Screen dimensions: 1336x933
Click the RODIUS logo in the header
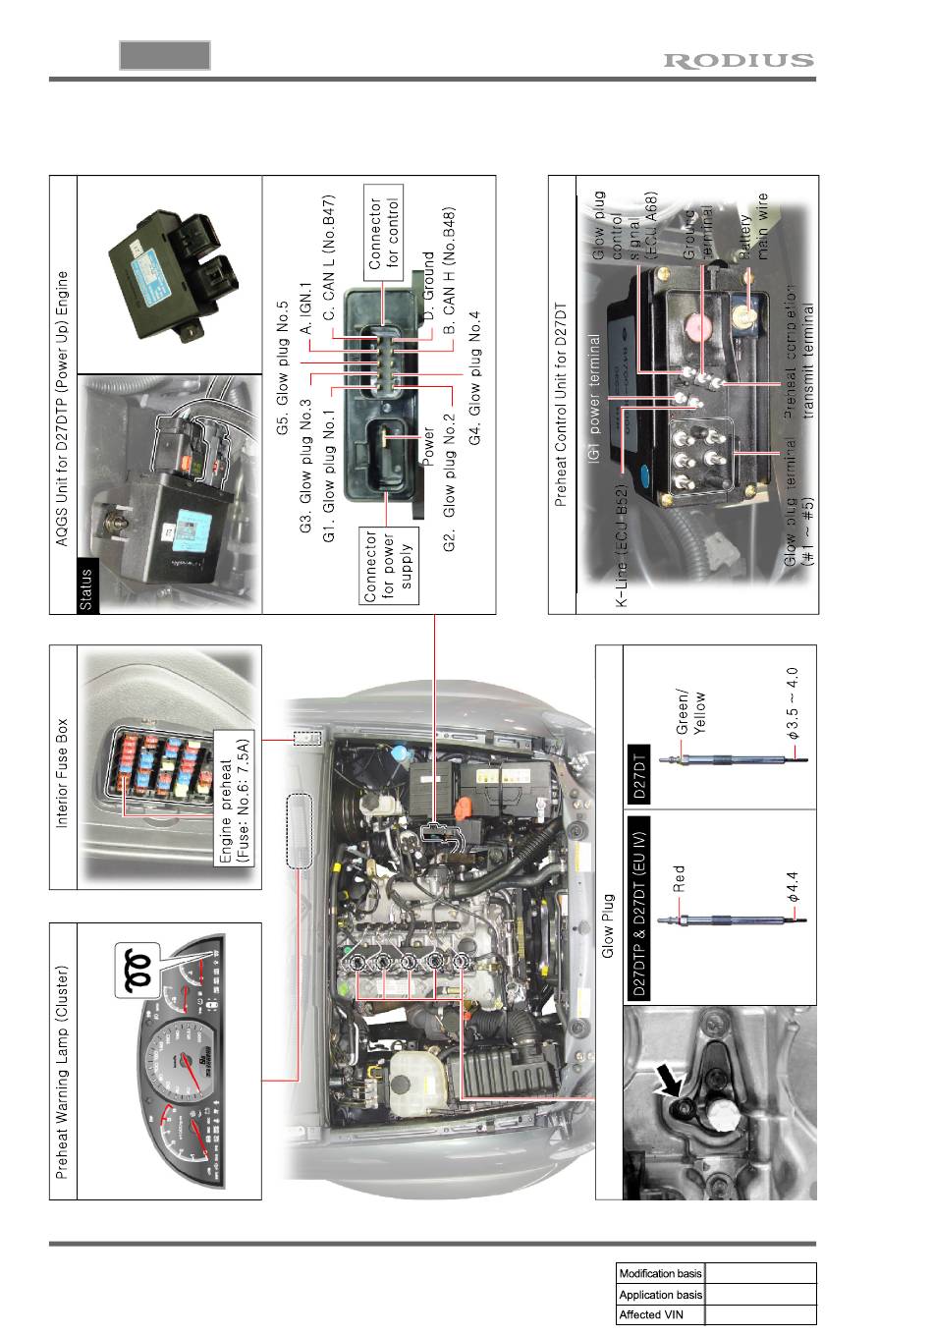tap(739, 61)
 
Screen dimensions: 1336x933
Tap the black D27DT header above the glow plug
tap(637, 773)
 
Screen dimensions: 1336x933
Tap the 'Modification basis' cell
tap(660, 1273)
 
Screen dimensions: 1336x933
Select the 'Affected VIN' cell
tap(660, 1314)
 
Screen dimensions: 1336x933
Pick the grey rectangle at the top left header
tap(165, 55)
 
